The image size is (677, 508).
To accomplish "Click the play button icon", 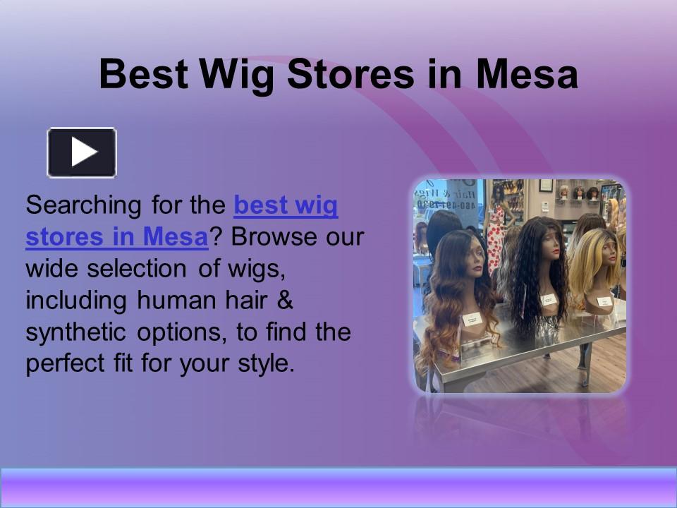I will click(x=82, y=152).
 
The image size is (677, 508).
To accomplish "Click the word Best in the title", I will click(x=144, y=75).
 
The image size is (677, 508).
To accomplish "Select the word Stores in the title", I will click(x=351, y=75).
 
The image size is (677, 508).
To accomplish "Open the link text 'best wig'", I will click(x=286, y=206).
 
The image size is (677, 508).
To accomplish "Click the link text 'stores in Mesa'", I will click(x=116, y=237).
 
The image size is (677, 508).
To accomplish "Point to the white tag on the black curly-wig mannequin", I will click(x=549, y=299).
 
